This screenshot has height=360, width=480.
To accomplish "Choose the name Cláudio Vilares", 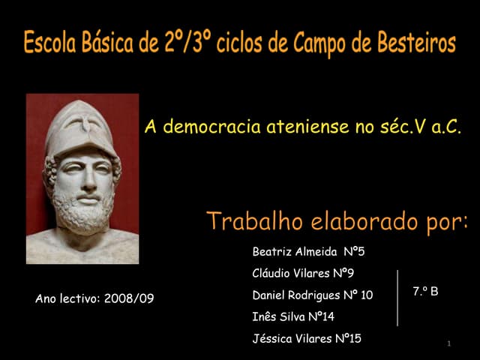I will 288,274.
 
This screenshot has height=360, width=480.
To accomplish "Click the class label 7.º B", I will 425,290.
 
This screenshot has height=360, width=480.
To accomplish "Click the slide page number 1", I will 448,343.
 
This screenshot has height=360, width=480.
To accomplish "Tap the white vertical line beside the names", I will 397,297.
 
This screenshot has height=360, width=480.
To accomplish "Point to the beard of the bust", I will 82,209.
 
